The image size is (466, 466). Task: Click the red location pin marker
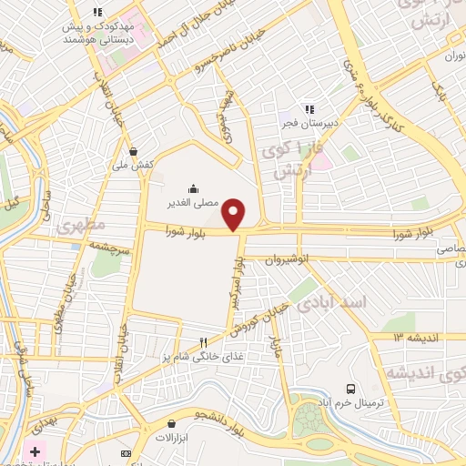pyautogui.click(x=236, y=213)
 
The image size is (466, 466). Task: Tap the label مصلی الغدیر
pyautogui.click(x=192, y=204)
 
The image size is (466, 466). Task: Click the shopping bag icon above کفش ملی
pyautogui.click(x=135, y=152)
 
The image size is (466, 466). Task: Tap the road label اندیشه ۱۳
pyautogui.click(x=410, y=337)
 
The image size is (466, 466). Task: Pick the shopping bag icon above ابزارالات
pyautogui.click(x=171, y=423)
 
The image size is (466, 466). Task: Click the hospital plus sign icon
pyautogui.click(x=34, y=451)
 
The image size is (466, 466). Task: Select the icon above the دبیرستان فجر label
pyautogui.click(x=309, y=110)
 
